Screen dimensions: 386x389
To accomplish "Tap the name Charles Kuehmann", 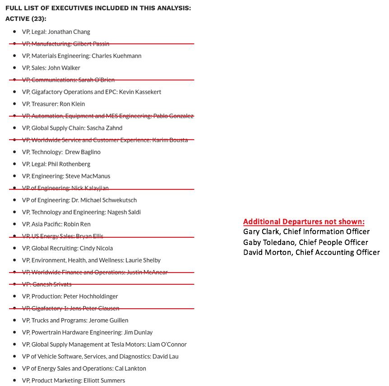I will coord(116,56).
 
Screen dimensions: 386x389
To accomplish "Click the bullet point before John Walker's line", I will coord(15,68).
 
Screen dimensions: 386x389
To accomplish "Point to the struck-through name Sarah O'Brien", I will coord(96,80).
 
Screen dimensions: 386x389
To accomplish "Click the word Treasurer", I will coord(44,104).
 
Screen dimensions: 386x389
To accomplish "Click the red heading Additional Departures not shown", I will coord(304,222).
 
